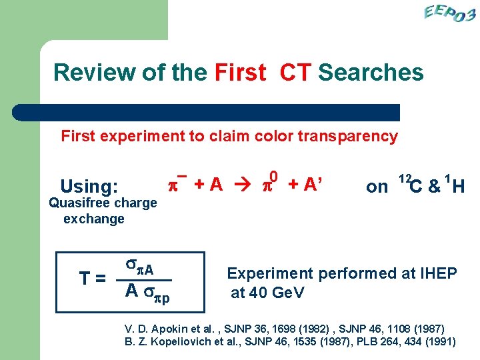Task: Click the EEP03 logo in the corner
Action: coord(449,13)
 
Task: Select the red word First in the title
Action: coord(240,72)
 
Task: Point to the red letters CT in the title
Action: coord(295,72)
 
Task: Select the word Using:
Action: coord(89,186)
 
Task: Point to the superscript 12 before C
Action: coord(403,179)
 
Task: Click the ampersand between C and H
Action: coord(434,187)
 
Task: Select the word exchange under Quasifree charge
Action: coord(94,219)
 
